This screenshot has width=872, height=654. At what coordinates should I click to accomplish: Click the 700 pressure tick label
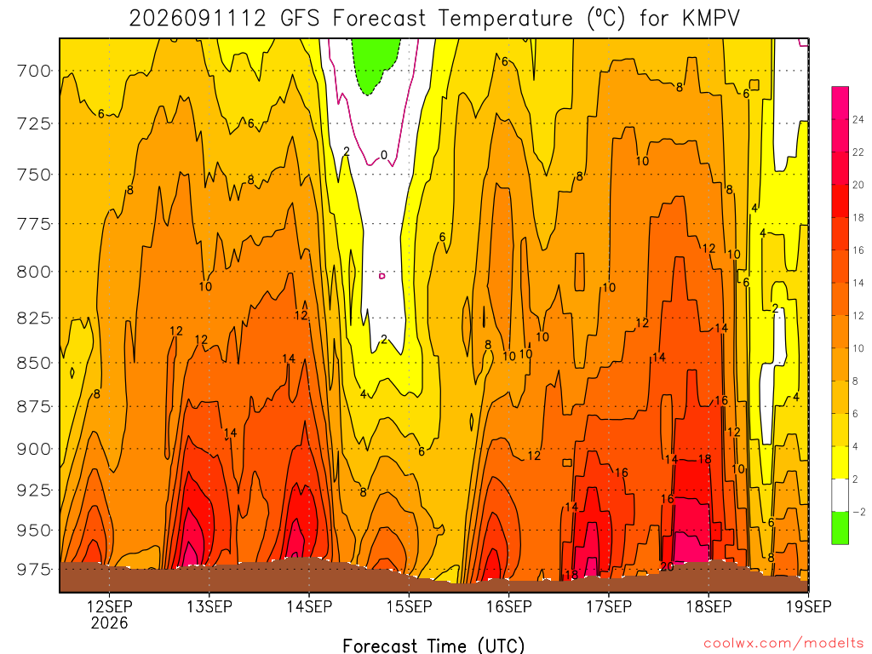32,72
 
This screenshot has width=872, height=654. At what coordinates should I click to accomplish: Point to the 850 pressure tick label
32,363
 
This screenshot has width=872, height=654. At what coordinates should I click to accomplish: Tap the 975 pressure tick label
32,570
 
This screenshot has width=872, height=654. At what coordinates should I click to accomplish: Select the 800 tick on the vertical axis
32,272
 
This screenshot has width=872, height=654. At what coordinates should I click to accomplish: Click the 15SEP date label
409,606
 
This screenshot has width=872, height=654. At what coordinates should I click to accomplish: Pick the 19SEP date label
809,606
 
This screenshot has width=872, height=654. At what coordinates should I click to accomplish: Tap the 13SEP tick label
209,606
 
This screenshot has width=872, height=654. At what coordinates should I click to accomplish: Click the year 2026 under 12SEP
109,622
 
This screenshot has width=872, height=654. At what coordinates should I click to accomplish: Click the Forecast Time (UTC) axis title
433,645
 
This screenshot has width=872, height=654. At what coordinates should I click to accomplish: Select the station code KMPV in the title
711,19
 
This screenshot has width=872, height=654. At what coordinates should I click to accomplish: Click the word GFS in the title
300,19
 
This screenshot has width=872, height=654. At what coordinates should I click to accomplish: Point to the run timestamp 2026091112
198,19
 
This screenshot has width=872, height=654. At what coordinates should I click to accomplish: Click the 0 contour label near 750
384,155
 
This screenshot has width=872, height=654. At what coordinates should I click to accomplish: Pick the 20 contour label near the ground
667,566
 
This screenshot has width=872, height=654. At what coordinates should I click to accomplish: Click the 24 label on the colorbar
858,119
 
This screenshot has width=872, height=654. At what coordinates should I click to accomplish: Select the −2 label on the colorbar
858,512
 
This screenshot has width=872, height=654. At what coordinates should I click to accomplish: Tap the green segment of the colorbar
840,528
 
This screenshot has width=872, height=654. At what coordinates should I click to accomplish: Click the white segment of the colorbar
840,495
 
